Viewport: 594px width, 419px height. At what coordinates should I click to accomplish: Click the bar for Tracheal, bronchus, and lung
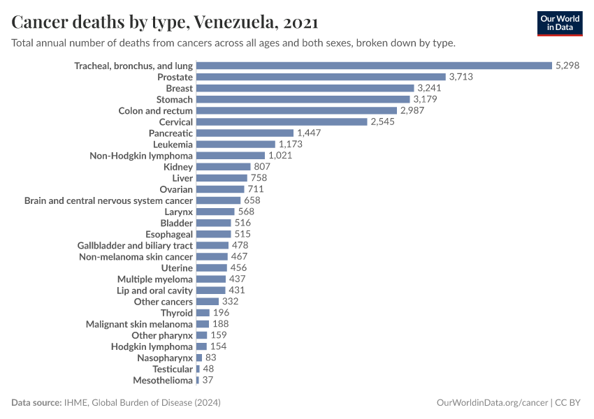coord(374,66)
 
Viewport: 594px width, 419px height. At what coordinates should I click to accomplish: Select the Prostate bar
coord(321,77)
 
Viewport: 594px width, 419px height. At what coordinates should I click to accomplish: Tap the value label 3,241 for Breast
coord(430,89)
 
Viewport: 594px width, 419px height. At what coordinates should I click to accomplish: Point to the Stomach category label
coord(174,100)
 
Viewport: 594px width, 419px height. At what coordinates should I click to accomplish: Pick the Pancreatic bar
coord(245,133)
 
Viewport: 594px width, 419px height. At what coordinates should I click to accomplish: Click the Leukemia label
coord(173,145)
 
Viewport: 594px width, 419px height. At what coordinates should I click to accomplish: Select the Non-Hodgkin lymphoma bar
coord(231,156)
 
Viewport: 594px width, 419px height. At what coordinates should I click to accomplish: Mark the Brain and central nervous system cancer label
coord(108,200)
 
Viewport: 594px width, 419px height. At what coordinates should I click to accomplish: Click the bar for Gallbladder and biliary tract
coord(212,245)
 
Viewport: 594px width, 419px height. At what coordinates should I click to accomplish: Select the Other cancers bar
coord(208,302)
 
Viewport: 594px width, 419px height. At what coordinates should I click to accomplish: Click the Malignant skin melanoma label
coord(139,324)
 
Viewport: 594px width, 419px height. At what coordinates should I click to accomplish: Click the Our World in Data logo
coord(559,23)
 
